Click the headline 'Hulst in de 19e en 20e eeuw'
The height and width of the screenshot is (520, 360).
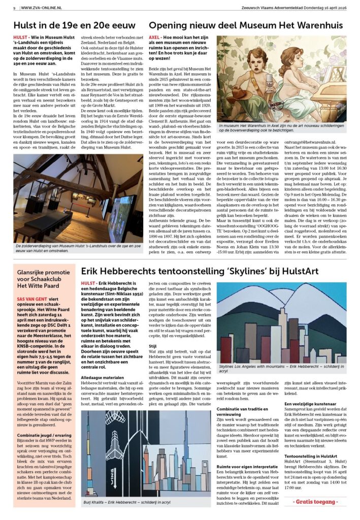(x=74, y=25)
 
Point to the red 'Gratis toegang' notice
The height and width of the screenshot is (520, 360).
(x=315, y=502)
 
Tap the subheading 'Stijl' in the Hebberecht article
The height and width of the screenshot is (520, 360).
(x=153, y=346)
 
